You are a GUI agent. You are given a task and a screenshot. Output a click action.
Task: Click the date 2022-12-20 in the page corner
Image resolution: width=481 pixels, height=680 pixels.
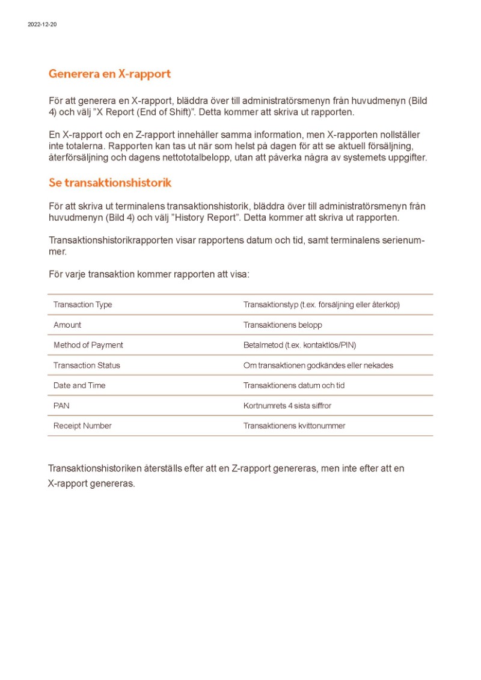pyautogui.click(x=42, y=25)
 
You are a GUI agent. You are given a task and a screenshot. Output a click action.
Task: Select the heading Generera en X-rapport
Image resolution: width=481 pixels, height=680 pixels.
pyautogui.click(x=109, y=74)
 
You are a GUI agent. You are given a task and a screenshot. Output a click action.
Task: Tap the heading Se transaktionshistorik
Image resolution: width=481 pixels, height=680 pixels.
pyautogui.click(x=110, y=182)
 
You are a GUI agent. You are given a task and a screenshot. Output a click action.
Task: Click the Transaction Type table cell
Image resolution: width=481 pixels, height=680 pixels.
pyautogui.click(x=82, y=305)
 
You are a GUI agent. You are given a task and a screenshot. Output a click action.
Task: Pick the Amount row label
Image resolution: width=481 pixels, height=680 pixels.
pyautogui.click(x=67, y=325)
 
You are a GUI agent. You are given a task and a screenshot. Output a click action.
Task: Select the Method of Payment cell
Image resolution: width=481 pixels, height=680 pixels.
pyautogui.click(x=88, y=345)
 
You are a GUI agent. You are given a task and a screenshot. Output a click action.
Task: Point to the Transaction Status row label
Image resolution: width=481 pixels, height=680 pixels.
pyautogui.click(x=87, y=366)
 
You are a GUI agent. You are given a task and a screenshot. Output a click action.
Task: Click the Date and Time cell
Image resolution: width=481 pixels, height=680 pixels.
pyautogui.click(x=79, y=385)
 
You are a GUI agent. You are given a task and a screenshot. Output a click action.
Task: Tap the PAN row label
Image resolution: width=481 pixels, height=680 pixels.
pyautogui.click(x=61, y=406)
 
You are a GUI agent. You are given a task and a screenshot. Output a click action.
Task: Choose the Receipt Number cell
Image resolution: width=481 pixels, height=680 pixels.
pyautogui.click(x=82, y=426)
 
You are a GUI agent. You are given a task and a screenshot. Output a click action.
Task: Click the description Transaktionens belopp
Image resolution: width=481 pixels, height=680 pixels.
pyautogui.click(x=283, y=325)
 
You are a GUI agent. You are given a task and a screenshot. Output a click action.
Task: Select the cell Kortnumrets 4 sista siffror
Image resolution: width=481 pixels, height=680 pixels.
pyautogui.click(x=287, y=406)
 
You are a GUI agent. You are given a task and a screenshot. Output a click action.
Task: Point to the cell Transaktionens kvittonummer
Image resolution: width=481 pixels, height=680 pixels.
pyautogui.click(x=294, y=426)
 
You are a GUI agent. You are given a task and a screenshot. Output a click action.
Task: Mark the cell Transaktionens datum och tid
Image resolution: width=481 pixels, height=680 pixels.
pyautogui.click(x=294, y=385)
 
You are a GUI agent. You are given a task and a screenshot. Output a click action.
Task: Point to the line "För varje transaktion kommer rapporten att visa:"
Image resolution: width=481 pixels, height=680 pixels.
pyautogui.click(x=149, y=274)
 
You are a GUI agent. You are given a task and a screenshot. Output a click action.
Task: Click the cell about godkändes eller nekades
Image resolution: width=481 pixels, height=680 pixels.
pyautogui.click(x=318, y=366)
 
